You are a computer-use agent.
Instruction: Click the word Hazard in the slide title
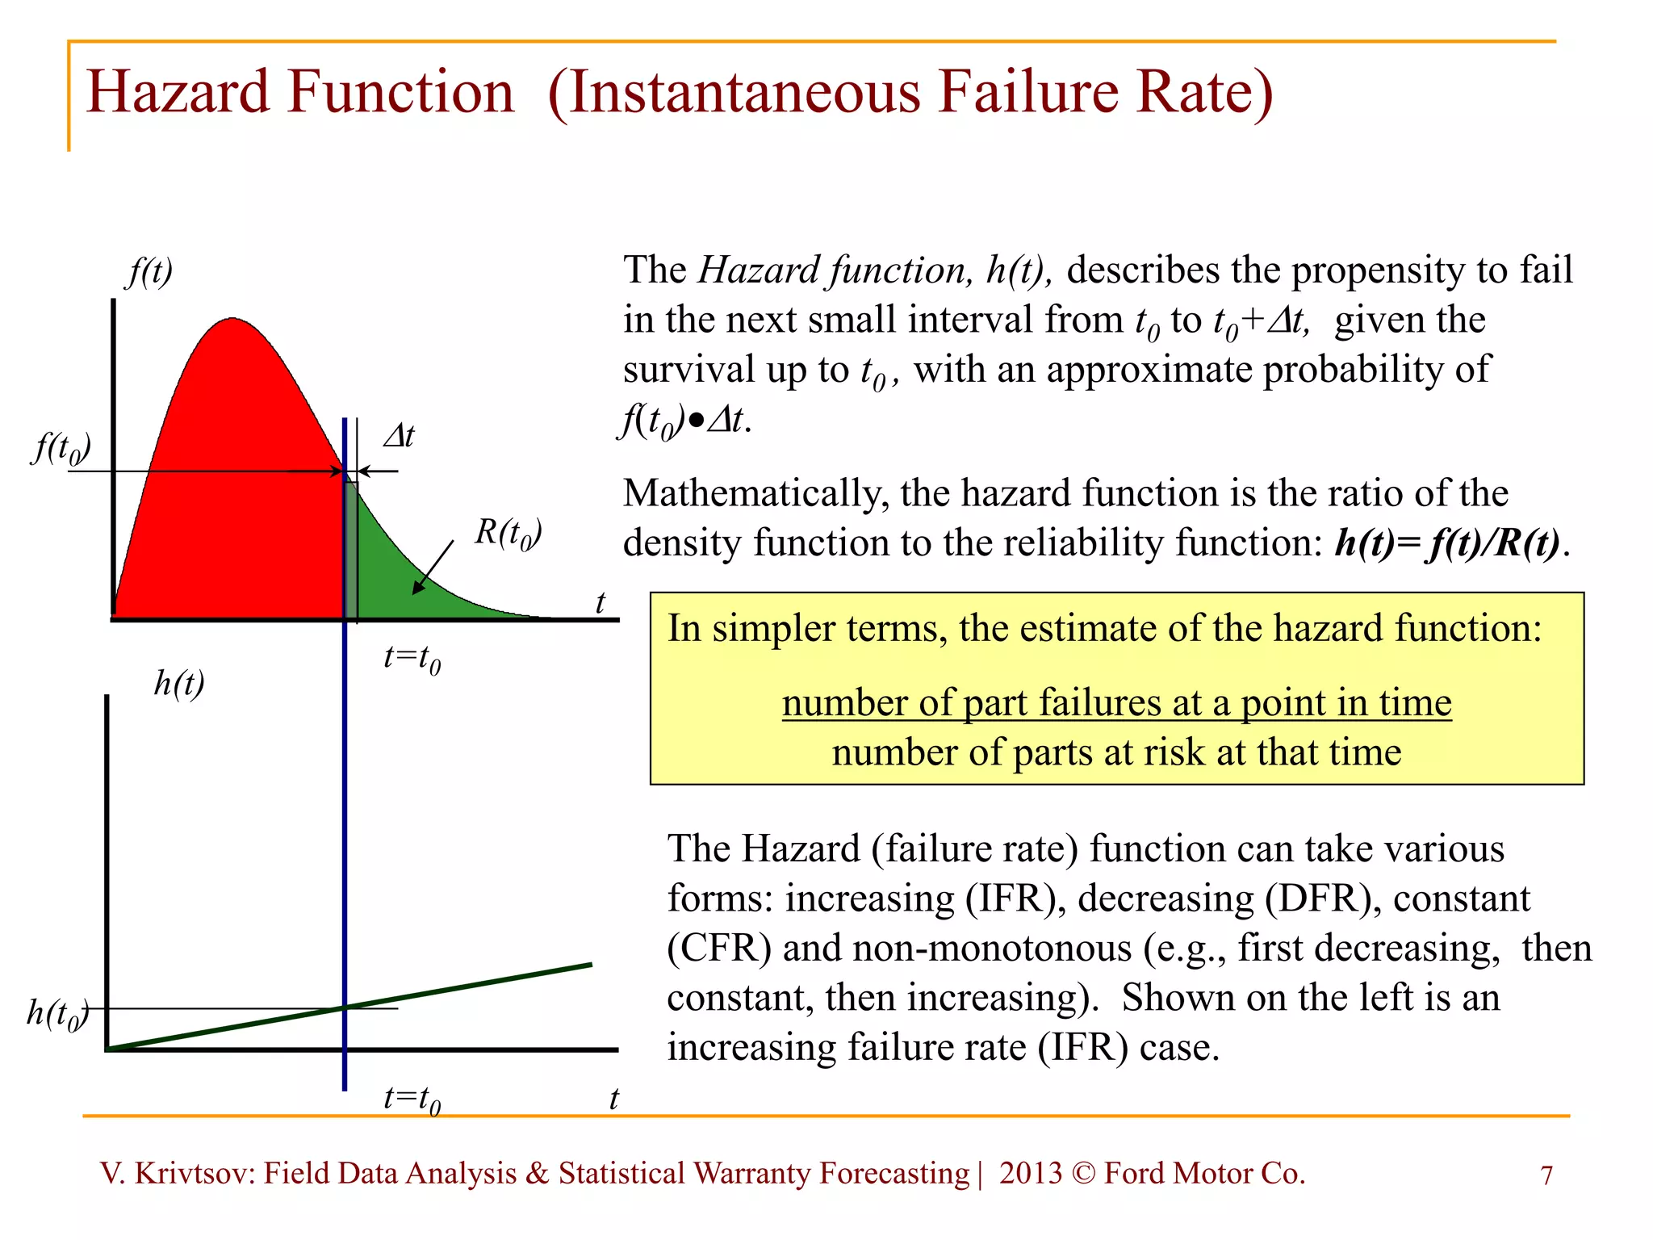coord(178,92)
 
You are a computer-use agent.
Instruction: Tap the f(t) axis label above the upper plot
coord(150,271)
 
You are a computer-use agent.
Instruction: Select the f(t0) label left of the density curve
coord(61,448)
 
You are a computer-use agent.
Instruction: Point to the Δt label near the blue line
coord(399,437)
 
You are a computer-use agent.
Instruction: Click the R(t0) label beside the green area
coord(508,534)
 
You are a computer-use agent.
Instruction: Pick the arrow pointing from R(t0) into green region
coord(433,568)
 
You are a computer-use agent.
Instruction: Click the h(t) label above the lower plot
coord(179,684)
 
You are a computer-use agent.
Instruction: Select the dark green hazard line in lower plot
coord(468,987)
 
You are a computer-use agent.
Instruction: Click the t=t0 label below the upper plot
coord(412,659)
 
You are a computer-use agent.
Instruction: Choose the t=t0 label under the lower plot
coord(412,1100)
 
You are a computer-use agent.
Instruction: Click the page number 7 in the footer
coord(1546,1175)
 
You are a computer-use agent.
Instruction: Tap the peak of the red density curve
coord(232,320)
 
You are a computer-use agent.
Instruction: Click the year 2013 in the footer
coord(1030,1174)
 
